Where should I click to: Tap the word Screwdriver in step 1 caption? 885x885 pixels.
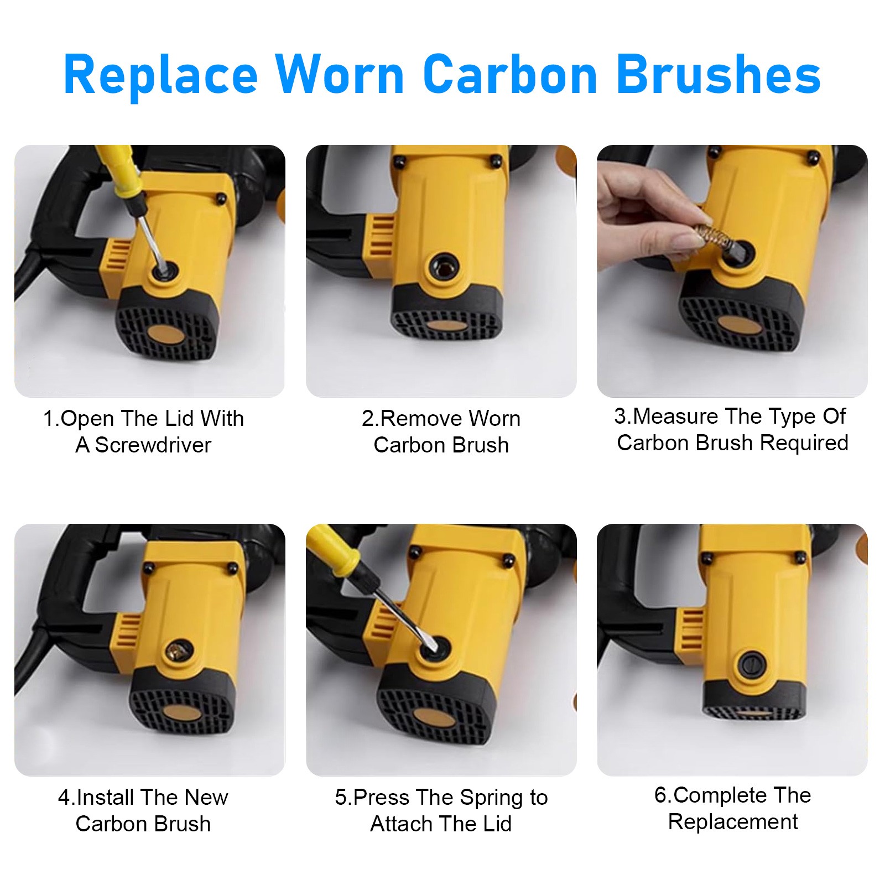[153, 445]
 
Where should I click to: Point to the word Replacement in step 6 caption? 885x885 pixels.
[733, 822]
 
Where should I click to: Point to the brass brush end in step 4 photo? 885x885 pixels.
[178, 652]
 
